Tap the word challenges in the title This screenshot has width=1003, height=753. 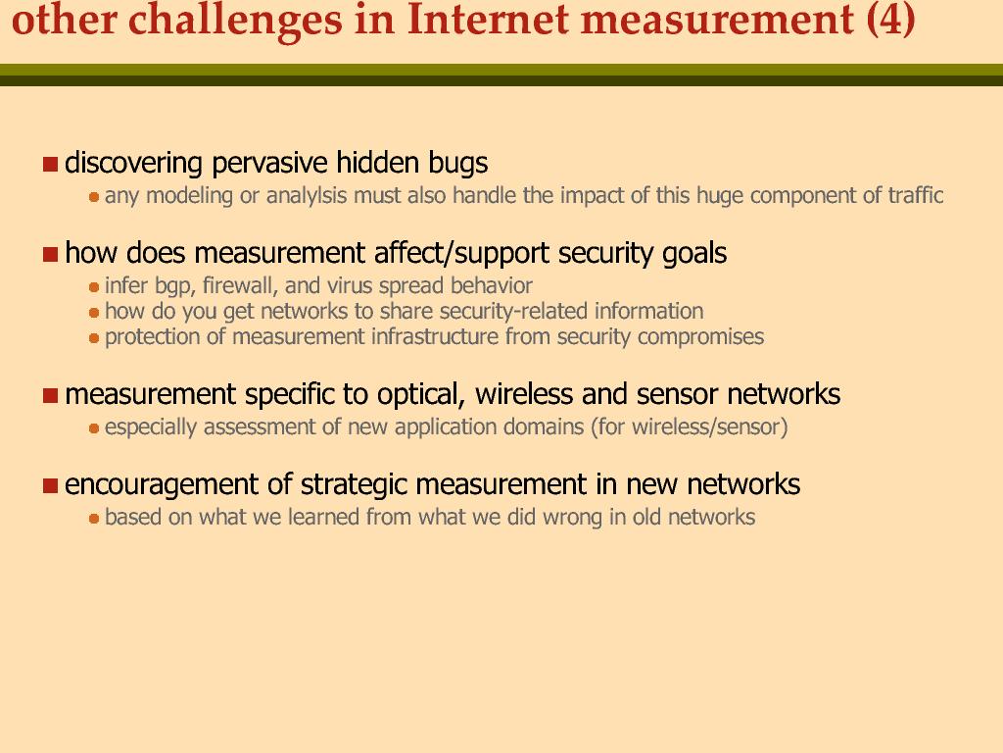235,20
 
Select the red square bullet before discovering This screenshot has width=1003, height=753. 51,164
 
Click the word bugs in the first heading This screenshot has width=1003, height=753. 458,164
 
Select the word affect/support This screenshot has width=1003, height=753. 462,254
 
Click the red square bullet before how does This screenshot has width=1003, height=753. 51,254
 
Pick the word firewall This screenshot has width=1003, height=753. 240,285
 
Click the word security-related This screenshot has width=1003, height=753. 513,311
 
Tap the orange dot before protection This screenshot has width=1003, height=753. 94,338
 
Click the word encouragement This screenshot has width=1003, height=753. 162,485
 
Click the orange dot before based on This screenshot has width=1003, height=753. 94,518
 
